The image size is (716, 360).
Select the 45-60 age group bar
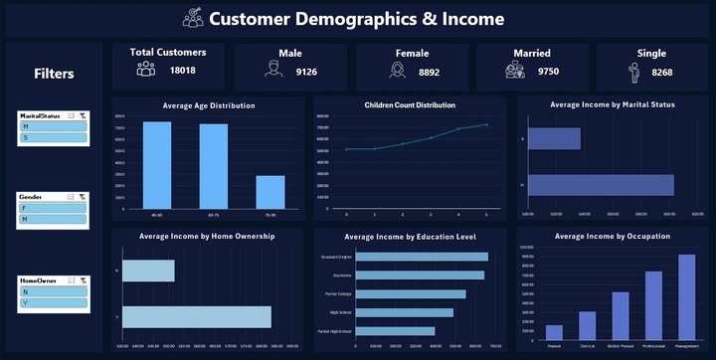coord(156,165)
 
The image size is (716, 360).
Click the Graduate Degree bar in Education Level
coord(422,257)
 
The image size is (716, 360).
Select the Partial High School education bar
coord(395,331)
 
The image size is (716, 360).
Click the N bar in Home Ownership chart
coord(147,270)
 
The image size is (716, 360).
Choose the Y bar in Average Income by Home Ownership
coord(196,316)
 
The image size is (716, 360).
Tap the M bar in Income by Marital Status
coord(601,185)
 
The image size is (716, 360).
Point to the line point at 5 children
coord(486,124)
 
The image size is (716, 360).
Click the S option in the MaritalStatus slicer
coord(53,137)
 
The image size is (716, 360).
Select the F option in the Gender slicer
coord(53,208)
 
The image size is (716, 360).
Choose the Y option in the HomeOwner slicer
coord(53,303)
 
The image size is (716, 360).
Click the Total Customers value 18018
coord(182,71)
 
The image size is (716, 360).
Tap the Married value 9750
coord(548,71)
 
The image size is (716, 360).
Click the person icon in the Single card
coord(632,72)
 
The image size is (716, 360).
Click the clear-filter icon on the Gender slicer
coord(83,198)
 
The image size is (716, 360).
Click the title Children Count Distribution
coord(409,104)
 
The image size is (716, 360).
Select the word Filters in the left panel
coord(54,74)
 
